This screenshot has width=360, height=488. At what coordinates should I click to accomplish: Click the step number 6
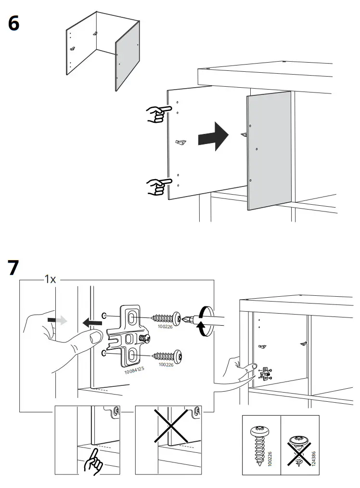[14, 23]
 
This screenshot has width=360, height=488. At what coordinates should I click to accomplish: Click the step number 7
[14, 268]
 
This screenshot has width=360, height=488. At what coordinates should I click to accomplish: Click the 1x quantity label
[50, 279]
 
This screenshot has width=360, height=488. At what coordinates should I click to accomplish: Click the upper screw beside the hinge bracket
[166, 318]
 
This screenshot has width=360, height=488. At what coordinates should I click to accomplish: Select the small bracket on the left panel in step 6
[182, 143]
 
